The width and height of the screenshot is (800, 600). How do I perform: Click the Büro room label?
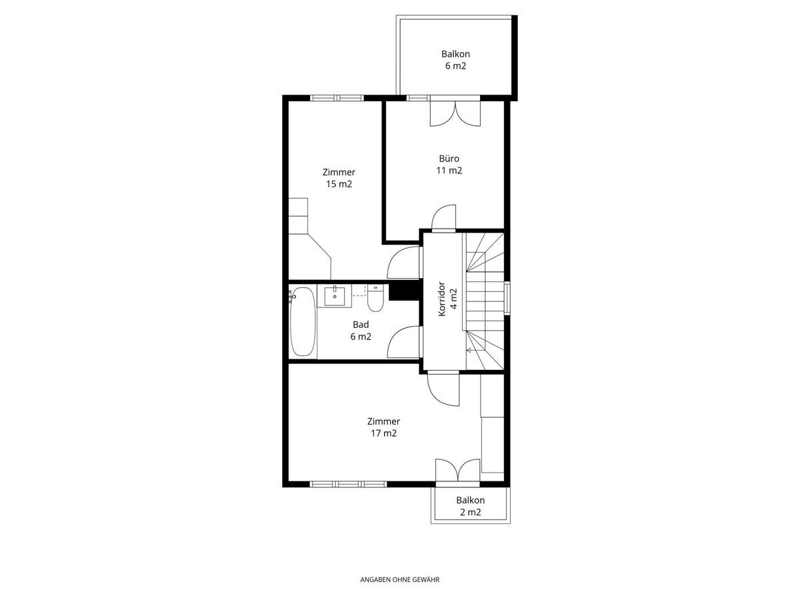click(x=449, y=159)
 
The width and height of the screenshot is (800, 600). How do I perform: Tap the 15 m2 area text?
click(x=339, y=184)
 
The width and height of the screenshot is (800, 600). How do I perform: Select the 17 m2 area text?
click(x=383, y=433)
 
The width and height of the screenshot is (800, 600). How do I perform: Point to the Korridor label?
click(x=442, y=299)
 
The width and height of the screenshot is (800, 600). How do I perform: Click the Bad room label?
click(x=361, y=324)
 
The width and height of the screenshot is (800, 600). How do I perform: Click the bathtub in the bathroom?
click(x=303, y=322)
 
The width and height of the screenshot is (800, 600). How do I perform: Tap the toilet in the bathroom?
click(x=375, y=297)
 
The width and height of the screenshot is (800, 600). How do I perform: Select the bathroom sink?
click(x=335, y=295)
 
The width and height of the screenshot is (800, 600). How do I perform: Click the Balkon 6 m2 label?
click(x=455, y=60)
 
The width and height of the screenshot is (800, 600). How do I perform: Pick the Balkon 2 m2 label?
click(x=470, y=506)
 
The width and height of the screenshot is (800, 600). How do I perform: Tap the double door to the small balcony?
click(x=458, y=473)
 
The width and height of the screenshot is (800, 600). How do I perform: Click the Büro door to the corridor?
click(x=444, y=218)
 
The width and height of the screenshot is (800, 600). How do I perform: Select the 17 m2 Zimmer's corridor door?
click(x=443, y=389)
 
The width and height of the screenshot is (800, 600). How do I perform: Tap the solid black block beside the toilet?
click(x=405, y=292)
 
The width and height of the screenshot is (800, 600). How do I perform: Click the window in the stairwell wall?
click(x=507, y=298)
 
